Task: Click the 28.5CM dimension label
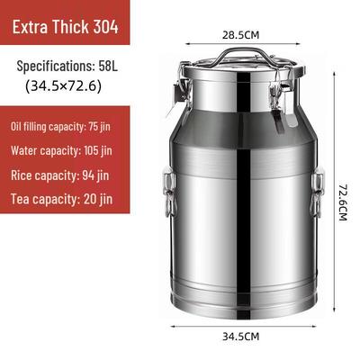click(x=240, y=35)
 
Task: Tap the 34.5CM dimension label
click(x=240, y=337)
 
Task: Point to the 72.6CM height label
click(x=343, y=202)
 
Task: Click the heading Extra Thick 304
click(x=66, y=27)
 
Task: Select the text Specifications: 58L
click(x=67, y=66)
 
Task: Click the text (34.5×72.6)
click(x=63, y=86)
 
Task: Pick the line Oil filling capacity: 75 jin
click(x=60, y=127)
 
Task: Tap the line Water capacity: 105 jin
click(x=61, y=150)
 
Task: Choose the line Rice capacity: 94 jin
click(x=60, y=175)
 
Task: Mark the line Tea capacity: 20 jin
click(x=62, y=199)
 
